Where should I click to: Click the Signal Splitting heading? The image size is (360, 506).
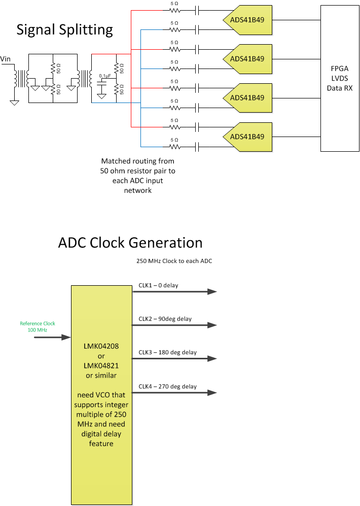64,29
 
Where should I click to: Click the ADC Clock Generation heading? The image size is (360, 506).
130,243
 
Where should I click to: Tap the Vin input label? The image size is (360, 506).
6,59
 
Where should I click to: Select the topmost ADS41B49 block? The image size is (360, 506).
247,19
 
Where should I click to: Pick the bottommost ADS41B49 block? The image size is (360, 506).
247,137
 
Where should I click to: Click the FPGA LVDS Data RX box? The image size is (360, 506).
340,78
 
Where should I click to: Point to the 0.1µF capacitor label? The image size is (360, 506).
104,76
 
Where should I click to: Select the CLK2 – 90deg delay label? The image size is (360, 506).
165,319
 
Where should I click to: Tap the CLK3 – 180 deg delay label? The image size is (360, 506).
167,352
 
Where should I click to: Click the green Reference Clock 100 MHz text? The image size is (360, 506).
38,326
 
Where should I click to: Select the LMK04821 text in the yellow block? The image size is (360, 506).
101,365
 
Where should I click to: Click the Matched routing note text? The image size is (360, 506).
138,176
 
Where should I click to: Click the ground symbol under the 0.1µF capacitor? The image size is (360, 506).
101,95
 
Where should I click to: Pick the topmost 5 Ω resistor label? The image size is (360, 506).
174,3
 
